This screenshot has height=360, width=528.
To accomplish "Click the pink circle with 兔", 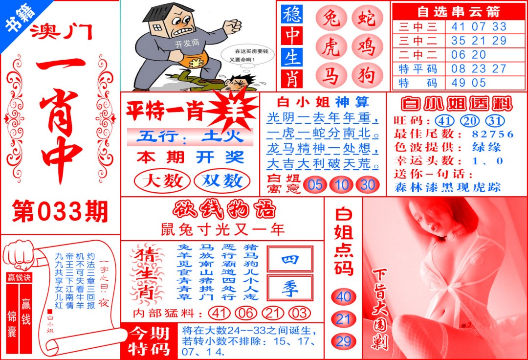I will [x=330, y=19].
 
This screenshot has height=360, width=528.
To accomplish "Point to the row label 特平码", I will [x=418, y=68].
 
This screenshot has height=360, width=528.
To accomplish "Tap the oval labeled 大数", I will [x=162, y=181].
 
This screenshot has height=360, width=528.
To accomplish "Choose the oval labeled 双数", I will [x=222, y=181].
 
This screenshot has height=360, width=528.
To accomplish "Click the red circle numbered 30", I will [x=367, y=184].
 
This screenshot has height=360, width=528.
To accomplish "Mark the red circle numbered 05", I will [x=315, y=184].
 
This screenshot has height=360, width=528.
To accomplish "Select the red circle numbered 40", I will [x=344, y=296].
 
